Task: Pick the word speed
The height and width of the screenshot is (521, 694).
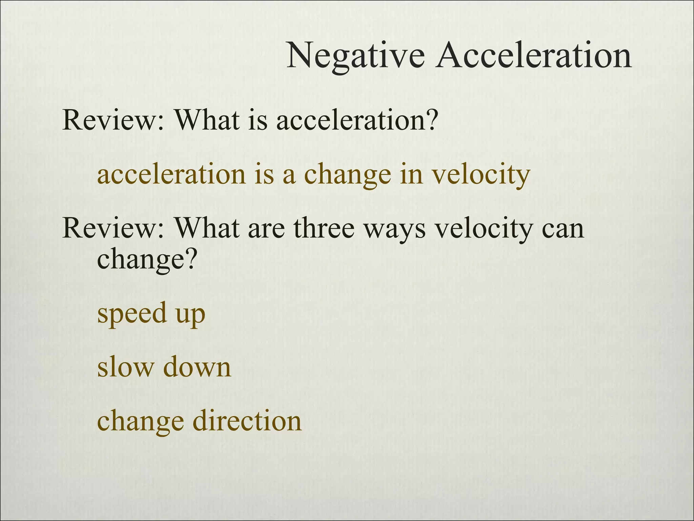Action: [x=132, y=314]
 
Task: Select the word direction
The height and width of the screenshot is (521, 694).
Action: [x=247, y=421]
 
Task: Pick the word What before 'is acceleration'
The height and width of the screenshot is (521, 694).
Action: [x=207, y=120]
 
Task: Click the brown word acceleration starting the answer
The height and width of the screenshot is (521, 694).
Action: [x=171, y=174]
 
